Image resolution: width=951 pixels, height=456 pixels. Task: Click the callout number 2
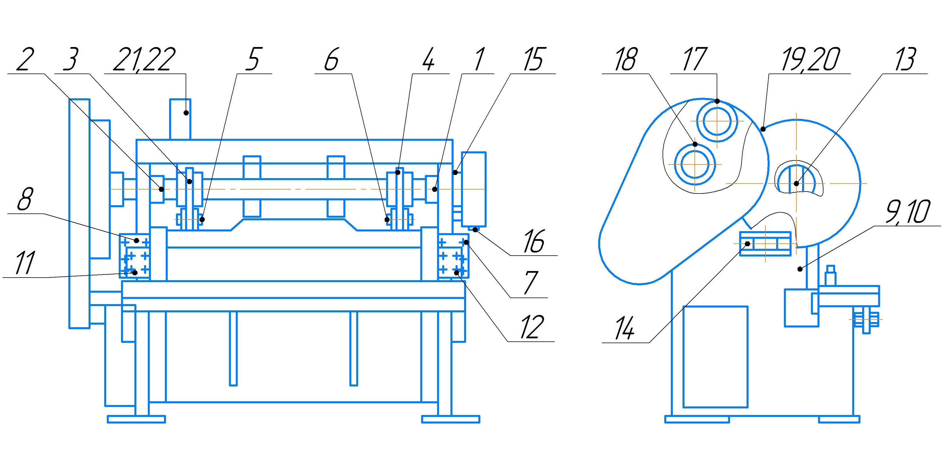click(x=25, y=59)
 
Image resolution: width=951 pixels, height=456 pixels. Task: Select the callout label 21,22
click(x=144, y=59)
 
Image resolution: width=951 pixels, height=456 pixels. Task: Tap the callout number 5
click(x=254, y=59)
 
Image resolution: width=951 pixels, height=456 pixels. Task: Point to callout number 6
click(x=331, y=59)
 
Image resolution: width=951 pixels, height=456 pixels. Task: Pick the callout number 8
click(x=25, y=199)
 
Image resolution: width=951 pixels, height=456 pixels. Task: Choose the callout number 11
click(x=25, y=263)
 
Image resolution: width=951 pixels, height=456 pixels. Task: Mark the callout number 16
click(x=534, y=241)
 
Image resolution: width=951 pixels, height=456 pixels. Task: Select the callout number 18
click(x=626, y=59)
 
